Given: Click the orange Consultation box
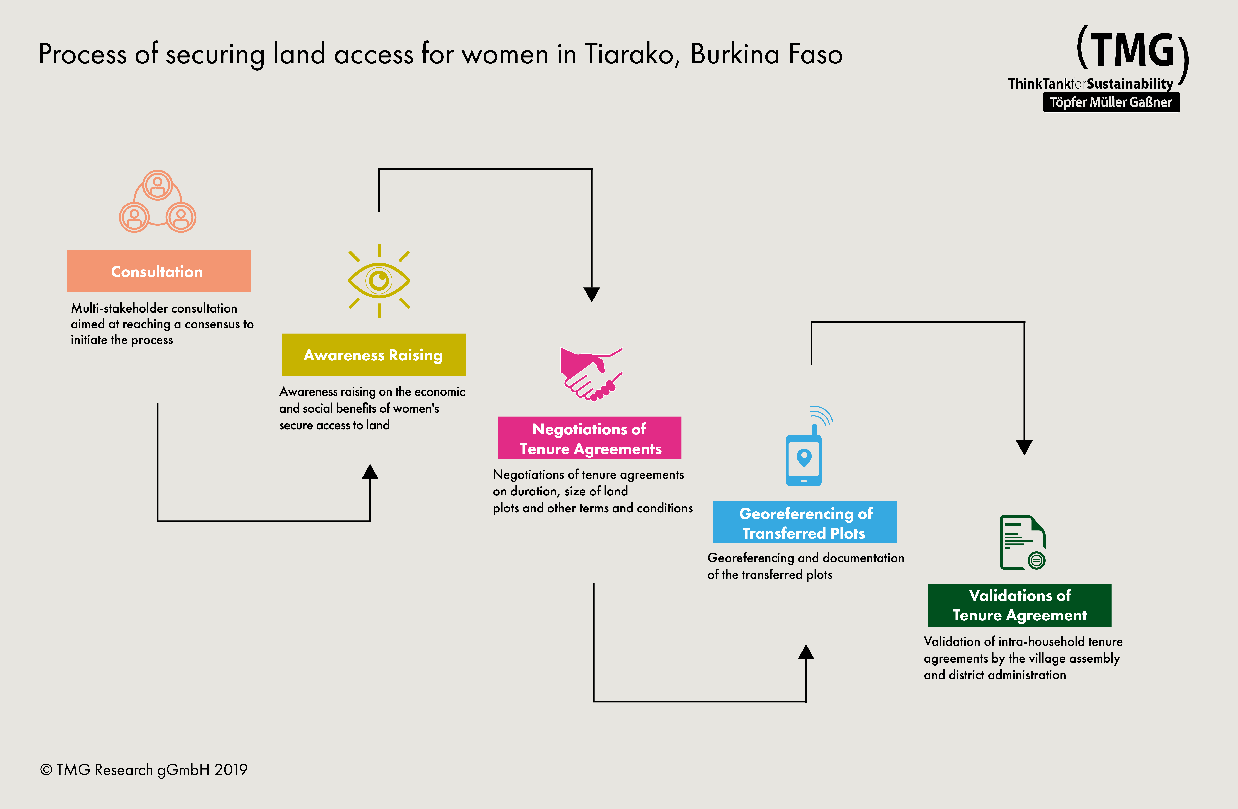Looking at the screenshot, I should [158, 271].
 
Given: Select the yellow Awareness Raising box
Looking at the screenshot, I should [373, 355].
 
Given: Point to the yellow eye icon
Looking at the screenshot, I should [379, 281].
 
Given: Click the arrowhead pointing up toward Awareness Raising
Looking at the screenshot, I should [370, 472].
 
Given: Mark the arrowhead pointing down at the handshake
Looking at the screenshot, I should [591, 294].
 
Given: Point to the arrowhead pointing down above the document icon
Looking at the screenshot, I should [1024, 447].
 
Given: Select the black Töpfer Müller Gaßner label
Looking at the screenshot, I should [1111, 102].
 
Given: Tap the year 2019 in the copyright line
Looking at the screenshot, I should [231, 769].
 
